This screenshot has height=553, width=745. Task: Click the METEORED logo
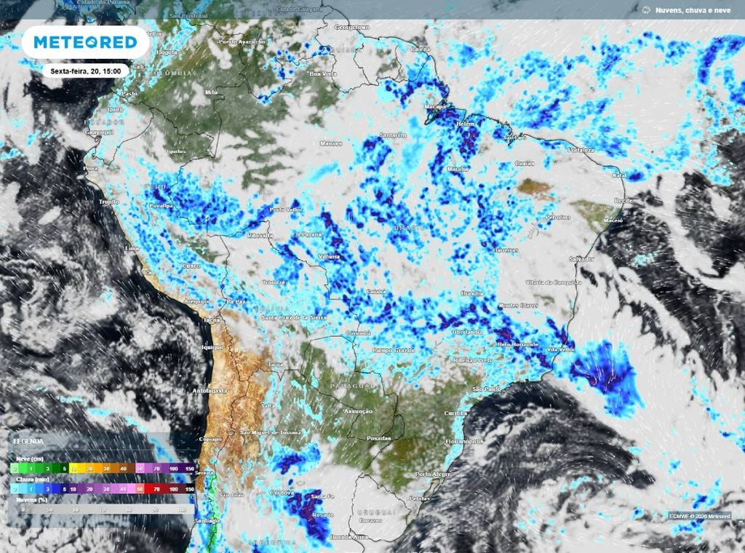point(85,42)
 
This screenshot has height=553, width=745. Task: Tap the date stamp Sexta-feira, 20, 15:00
point(85,71)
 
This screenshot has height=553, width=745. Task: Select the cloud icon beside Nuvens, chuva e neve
point(646,9)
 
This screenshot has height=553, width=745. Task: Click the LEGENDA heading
point(27,442)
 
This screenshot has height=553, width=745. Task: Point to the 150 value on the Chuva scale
point(189,490)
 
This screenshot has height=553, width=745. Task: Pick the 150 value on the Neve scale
point(189,468)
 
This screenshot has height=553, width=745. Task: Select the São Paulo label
point(487,390)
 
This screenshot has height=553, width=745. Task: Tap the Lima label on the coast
point(132,248)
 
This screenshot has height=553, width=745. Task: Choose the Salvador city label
point(581,259)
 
